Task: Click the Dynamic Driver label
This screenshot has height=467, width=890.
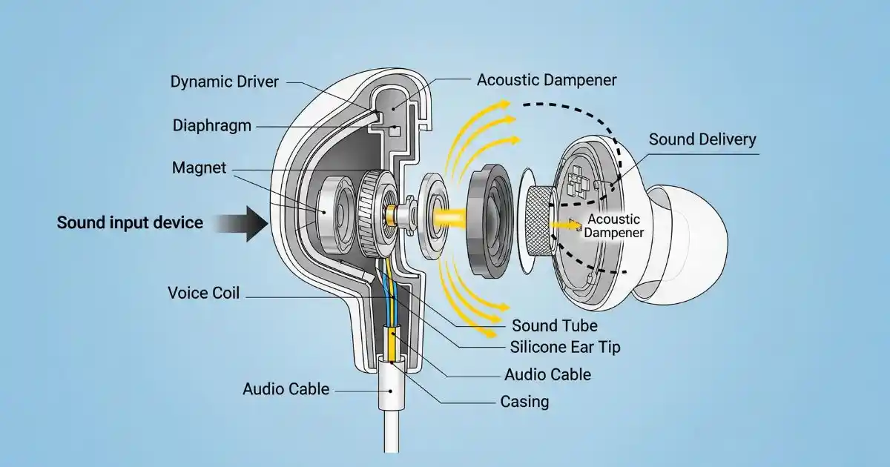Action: click(x=225, y=82)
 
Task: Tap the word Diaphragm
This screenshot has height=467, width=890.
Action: click(x=211, y=125)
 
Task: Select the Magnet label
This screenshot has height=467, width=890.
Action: click(x=198, y=168)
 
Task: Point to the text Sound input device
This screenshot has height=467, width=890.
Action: click(x=130, y=222)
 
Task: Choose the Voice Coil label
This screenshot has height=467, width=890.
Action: click(x=204, y=293)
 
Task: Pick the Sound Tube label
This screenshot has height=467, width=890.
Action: click(x=554, y=325)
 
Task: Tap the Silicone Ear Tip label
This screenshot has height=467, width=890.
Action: click(x=565, y=347)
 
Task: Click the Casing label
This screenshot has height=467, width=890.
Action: click(x=524, y=402)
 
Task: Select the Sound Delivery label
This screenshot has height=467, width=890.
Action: click(x=702, y=139)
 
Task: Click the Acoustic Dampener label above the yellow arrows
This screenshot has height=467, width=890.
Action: click(x=546, y=79)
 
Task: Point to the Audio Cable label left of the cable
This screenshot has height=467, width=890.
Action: click(x=286, y=388)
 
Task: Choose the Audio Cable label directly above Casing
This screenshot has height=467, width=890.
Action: click(x=547, y=374)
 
